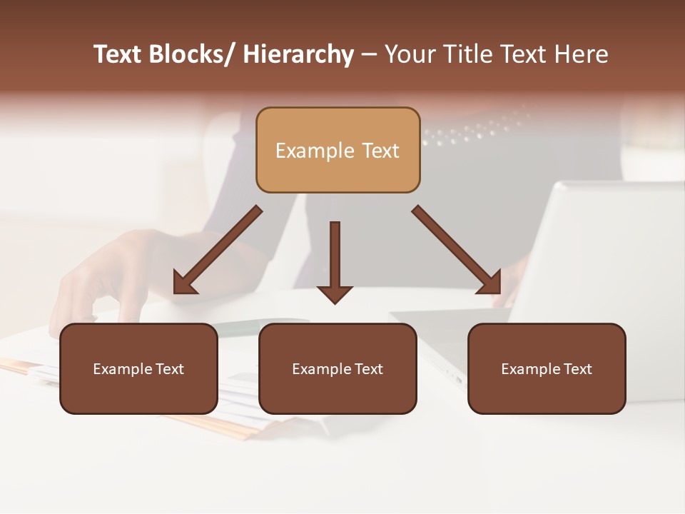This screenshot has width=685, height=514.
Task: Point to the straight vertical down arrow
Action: (x=335, y=257)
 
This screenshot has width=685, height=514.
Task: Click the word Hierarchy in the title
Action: (x=298, y=55)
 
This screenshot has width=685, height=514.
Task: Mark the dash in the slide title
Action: (x=369, y=55)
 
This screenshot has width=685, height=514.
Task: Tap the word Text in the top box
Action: (x=380, y=151)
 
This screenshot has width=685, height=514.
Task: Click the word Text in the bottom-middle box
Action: (x=368, y=369)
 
